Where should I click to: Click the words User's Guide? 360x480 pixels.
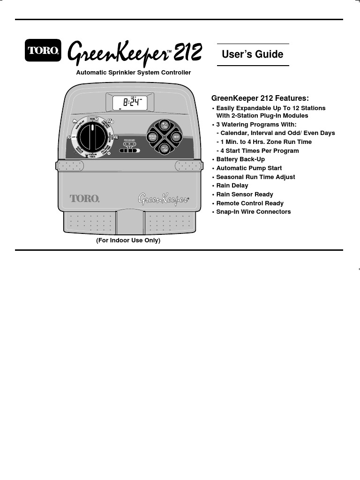[x=252, y=54]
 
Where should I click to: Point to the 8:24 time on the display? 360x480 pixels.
[x=133, y=102]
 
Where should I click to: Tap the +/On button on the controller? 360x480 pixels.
[x=164, y=125]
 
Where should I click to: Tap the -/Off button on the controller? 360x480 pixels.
[x=164, y=148]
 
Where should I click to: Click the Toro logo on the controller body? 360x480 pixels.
[x=84, y=198]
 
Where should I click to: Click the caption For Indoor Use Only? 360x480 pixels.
[x=128, y=240]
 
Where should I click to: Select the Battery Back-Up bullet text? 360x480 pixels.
[x=240, y=159]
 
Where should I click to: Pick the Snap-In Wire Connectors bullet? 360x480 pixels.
[x=253, y=212]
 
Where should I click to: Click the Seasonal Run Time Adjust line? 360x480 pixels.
[x=255, y=177]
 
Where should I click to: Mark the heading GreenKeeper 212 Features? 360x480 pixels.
[x=260, y=98]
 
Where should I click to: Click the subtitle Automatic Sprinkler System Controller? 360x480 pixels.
[x=134, y=73]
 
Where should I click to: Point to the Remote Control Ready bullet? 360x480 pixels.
[x=250, y=203]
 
